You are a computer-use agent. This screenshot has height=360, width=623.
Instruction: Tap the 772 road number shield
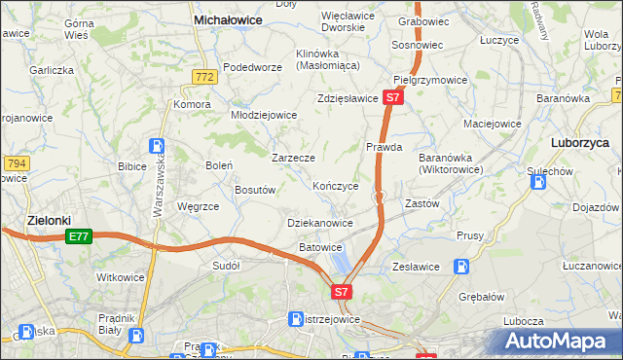(x=203, y=76)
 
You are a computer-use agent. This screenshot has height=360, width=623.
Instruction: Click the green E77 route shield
(x=79, y=236)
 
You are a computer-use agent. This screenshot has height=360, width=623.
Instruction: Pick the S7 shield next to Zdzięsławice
(x=392, y=98)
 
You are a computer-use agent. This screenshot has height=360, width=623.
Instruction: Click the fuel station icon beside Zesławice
(x=462, y=266)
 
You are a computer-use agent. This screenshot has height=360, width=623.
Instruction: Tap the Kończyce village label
(x=336, y=186)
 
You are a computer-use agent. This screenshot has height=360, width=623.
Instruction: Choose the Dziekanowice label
(x=320, y=223)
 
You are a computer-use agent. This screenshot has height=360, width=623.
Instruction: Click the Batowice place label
(x=320, y=247)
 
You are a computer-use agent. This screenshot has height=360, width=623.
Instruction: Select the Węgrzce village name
(x=198, y=206)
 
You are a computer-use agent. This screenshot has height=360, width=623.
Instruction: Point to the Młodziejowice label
(x=263, y=114)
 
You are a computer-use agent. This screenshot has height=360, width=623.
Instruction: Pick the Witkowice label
(x=121, y=277)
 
